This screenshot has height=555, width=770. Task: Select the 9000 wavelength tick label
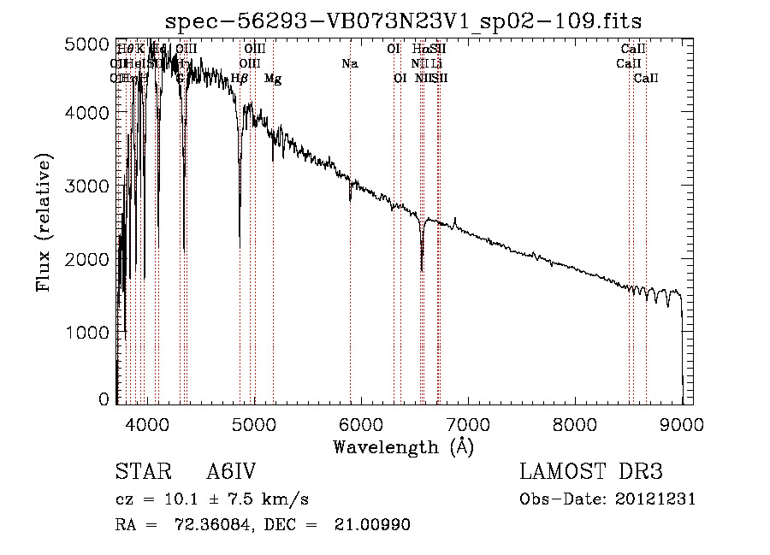682,422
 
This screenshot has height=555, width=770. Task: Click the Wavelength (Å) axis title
403,446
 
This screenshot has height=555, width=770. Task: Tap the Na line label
349,63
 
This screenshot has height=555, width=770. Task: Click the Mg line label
273,79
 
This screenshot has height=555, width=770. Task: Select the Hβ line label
240,79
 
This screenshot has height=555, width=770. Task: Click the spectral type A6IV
230,472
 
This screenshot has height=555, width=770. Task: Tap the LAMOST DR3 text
590,472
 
